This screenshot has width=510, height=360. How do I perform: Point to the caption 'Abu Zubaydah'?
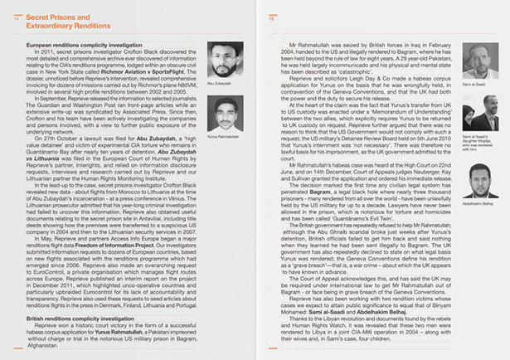click(x=217, y=83)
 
